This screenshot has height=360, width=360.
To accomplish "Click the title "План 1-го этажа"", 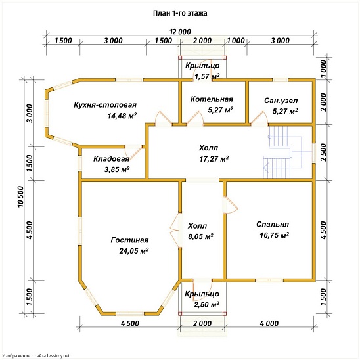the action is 180,13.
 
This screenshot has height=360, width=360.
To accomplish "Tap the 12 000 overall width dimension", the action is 180,32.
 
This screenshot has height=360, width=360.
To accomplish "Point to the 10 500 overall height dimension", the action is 20,196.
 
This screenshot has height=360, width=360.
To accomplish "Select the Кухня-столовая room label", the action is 105,105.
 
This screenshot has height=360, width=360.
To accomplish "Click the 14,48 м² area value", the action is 122,116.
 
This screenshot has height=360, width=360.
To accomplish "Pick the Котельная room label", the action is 212,99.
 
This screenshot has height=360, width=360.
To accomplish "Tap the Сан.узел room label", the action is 281,101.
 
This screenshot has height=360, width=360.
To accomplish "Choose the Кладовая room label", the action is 112,159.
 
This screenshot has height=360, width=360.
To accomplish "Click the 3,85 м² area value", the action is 117,169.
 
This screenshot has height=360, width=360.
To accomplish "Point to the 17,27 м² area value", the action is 214,158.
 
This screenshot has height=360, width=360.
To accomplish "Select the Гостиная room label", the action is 129,240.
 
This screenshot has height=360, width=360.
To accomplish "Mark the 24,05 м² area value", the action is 134,251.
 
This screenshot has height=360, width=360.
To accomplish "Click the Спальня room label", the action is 273,224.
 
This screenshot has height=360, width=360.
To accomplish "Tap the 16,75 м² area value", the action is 275,235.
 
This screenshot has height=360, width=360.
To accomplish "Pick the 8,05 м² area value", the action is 200,236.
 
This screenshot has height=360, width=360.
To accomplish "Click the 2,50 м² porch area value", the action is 206,305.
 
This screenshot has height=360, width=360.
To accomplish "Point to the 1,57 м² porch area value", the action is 207,76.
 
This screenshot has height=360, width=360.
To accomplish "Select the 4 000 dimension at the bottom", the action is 269,323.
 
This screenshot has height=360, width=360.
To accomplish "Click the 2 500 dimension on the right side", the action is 323,152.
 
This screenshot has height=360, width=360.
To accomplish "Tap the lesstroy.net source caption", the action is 36,355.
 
